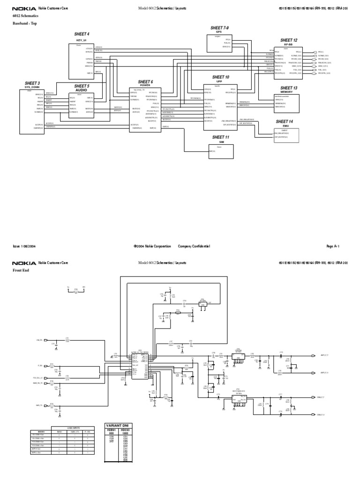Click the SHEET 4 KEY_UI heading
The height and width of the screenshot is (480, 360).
pyautogui.click(x=82, y=37)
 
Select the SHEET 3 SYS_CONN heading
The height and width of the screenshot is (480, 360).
pyautogui.click(x=32, y=85)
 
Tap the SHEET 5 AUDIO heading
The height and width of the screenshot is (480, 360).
pyautogui.click(x=82, y=88)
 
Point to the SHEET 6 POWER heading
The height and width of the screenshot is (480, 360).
pyautogui.click(x=145, y=83)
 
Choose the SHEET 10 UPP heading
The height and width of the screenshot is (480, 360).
pyautogui.click(x=220, y=79)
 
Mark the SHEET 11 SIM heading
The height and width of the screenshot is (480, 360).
pyautogui.click(x=220, y=139)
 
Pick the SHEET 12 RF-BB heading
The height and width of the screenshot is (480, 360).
pyautogui.click(x=289, y=43)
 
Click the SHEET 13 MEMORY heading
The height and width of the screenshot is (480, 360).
pyautogui.click(x=289, y=90)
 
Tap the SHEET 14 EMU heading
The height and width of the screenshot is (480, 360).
pyautogui.click(x=285, y=123)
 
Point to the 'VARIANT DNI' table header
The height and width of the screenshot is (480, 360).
pyautogui.click(x=118, y=426)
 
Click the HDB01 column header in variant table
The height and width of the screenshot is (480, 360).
pyautogui.click(x=111, y=430)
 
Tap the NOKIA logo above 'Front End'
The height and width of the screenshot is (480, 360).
pyautogui.click(x=23, y=263)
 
